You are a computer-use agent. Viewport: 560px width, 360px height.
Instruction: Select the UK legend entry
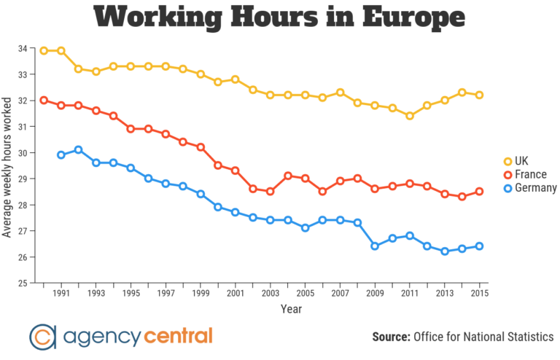coord(520,160)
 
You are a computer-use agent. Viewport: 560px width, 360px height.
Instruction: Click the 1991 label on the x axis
coord(61,294)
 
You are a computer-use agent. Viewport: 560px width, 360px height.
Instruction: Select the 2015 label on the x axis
coord(479,294)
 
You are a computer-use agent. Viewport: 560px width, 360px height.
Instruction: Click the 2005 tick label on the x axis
coord(305,294)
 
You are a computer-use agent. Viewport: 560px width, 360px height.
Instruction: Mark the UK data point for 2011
coord(410,116)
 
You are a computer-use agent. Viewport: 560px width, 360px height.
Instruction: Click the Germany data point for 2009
coord(375,246)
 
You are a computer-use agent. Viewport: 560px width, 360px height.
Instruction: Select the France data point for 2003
coord(271,192)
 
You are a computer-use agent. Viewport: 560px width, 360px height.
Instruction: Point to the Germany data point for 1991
coord(61,155)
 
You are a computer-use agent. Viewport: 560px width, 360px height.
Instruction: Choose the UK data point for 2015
coord(479,95)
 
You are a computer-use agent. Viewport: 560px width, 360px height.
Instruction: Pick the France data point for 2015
coord(479,192)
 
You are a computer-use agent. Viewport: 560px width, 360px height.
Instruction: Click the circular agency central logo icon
coord(43,336)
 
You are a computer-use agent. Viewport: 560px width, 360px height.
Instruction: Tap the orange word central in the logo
coord(178,336)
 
